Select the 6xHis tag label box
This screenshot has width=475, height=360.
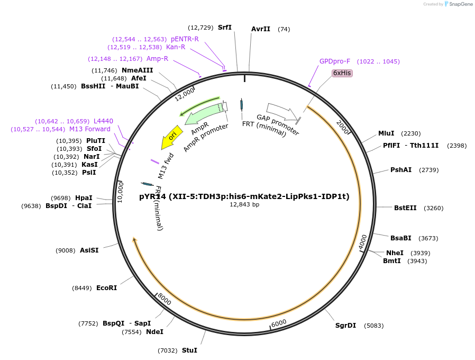click(342, 73)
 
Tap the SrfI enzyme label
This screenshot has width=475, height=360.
click(225, 28)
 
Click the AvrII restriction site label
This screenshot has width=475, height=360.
click(261, 29)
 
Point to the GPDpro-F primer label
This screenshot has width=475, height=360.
click(335, 61)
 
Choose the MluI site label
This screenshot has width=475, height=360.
click(386, 133)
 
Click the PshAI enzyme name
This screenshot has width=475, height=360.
click(400, 170)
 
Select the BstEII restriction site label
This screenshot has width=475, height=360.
click(404, 208)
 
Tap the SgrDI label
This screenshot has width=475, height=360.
click(345, 326)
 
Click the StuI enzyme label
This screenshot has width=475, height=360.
click(189, 350)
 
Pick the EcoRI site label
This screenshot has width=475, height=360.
click(106, 288)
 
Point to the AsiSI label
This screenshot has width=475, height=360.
click(89, 250)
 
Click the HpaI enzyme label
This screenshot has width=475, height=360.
click(84, 198)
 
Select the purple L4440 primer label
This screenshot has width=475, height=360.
click(103, 121)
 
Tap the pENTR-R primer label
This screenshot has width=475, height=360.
click(185, 39)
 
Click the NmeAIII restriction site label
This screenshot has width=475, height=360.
click(137, 70)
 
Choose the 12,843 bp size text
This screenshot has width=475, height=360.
click(244, 204)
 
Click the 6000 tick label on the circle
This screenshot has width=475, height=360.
click(278, 323)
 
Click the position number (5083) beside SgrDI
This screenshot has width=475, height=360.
click(374, 326)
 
